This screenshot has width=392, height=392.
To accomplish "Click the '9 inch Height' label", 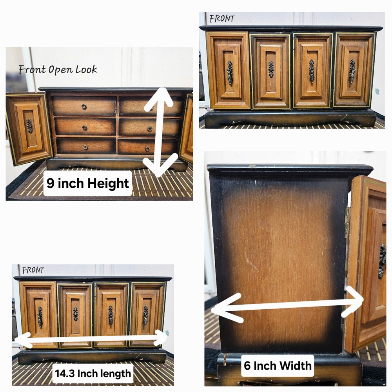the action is point(87,183).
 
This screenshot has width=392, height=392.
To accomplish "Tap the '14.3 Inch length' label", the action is point(93,374).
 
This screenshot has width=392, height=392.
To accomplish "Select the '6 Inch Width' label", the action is point(278,366).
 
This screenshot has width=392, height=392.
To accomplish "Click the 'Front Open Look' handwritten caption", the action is point(58,69).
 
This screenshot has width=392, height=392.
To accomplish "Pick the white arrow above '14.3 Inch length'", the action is point(91,339).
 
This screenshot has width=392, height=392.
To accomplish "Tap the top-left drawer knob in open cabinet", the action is point(84,107).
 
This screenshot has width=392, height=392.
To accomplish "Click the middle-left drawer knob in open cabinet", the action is point(85,128).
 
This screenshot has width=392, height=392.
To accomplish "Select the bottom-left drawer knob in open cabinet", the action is point(85,147).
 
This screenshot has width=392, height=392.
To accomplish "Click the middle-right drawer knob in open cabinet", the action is point(150,129).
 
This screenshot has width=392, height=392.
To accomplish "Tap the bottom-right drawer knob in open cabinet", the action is point(147,149).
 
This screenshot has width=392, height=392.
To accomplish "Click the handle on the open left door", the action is point(29,125).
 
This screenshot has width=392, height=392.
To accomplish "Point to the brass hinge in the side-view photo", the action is point(347,222).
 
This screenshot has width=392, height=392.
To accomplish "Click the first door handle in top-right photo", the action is point(230,73).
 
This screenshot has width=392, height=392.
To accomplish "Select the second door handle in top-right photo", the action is point(271,69).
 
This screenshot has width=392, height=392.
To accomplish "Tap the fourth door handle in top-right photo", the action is point(352,71).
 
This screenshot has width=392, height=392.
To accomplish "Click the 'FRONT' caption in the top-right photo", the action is point(222,19).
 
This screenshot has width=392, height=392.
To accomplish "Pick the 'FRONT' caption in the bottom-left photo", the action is point(33,270).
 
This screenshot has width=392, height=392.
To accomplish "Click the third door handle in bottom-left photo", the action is point(111,316).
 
